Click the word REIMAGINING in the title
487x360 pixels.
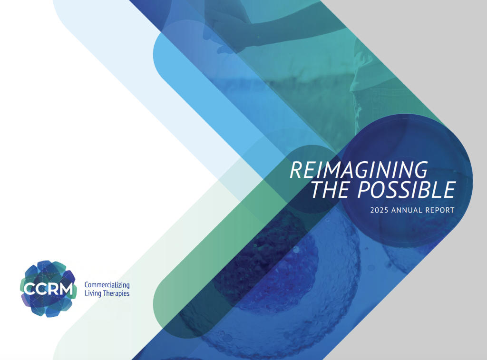click(359, 170)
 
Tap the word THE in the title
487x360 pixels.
click(330, 189)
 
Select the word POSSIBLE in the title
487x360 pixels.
click(406, 189)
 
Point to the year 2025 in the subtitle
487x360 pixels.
click(379, 210)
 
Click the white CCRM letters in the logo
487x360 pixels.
click(48, 289)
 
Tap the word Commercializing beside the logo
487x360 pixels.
click(107, 285)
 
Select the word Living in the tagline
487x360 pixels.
click(93, 293)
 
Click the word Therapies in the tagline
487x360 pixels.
click(116, 293)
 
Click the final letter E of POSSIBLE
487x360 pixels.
click(448, 189)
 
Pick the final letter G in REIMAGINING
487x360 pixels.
click(419, 170)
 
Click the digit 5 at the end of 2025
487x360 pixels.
click(386, 210)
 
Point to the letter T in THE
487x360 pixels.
click(318, 189)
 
